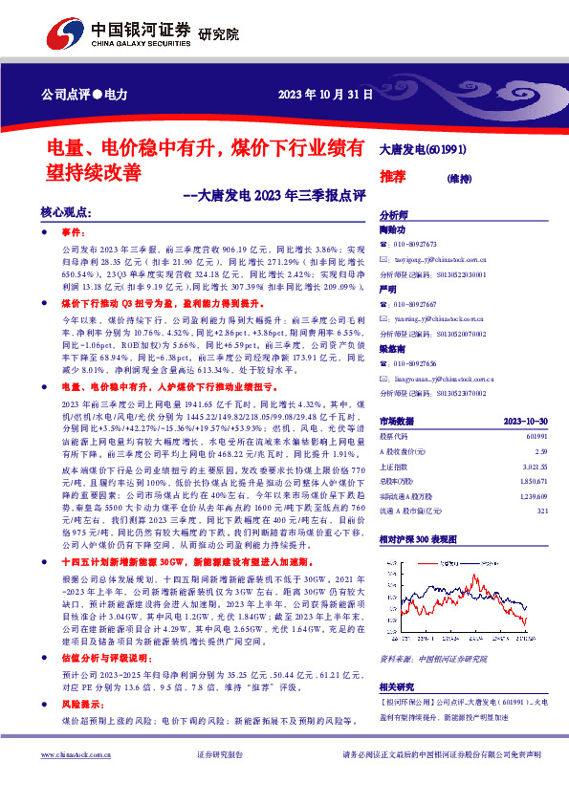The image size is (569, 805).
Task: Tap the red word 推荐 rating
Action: (393, 177)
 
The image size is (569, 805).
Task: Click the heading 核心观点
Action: (66, 213)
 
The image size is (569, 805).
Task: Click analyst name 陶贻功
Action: (393, 230)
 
